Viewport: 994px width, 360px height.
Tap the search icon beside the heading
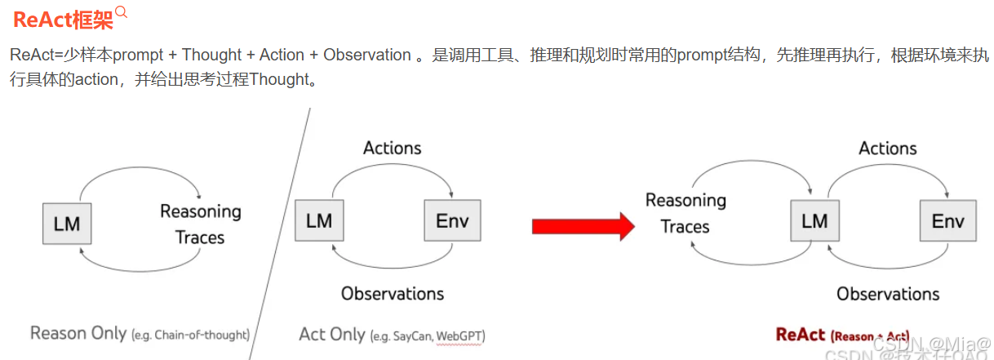[x=122, y=12]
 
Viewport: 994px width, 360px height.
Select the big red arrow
[x=583, y=225]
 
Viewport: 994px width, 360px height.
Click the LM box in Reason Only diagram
[x=67, y=223]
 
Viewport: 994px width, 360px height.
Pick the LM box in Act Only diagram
[x=319, y=220]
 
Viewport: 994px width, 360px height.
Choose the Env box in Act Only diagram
[x=452, y=220]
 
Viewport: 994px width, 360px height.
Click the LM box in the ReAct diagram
[x=814, y=220]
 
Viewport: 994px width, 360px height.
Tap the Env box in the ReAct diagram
[x=947, y=220]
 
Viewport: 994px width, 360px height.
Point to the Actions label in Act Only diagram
[x=393, y=148]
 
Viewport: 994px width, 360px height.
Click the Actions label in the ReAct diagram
[x=888, y=149]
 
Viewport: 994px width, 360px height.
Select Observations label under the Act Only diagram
[x=393, y=294]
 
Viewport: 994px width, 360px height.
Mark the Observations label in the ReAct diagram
[x=888, y=294]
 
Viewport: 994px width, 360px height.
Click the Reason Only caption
[x=78, y=333]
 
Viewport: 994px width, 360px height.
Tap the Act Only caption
[x=332, y=335]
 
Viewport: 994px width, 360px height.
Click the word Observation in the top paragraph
[x=367, y=56]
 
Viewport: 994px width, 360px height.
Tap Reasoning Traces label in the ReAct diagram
[x=686, y=213]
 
